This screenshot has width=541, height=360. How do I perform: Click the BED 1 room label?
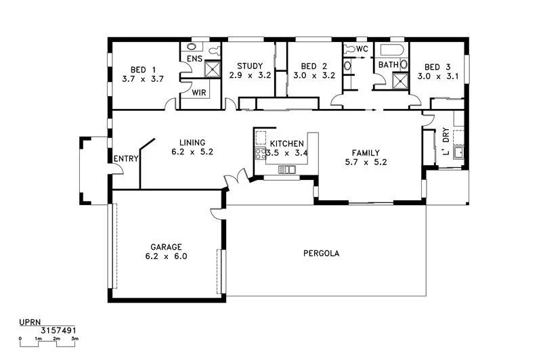point(137,69)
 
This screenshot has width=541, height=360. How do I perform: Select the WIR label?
point(198,92)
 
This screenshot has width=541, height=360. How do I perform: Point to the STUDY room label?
point(249,66)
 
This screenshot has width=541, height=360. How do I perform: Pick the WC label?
point(362,49)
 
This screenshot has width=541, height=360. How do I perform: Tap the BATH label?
point(389,65)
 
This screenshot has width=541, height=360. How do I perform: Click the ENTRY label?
point(126,159)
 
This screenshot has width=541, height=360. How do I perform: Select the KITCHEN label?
point(287,144)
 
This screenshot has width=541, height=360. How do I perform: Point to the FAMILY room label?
point(366,153)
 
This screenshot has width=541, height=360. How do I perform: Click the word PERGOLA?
point(321,254)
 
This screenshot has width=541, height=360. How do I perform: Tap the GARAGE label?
point(165,247)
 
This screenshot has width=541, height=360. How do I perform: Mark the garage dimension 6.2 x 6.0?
point(165,256)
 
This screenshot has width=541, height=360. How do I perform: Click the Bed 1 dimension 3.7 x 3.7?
point(143,78)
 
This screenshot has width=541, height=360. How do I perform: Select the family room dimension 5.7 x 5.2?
point(366,162)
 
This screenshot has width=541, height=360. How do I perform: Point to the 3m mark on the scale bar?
point(75,338)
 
